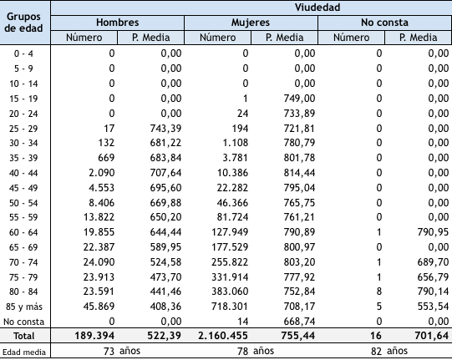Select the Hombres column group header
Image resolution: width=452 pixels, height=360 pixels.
coord(117,23)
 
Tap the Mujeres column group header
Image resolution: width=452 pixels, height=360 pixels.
coord(251,23)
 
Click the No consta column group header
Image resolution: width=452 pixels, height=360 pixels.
coord(384,23)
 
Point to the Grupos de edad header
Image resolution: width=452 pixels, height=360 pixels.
coord(25,23)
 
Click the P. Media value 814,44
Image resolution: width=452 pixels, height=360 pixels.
coord(298,173)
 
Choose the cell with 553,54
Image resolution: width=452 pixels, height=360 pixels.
coord(431,305)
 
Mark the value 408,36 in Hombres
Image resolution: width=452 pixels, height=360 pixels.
coord(165,305)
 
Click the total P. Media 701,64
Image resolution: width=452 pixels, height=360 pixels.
coord(429,335)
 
